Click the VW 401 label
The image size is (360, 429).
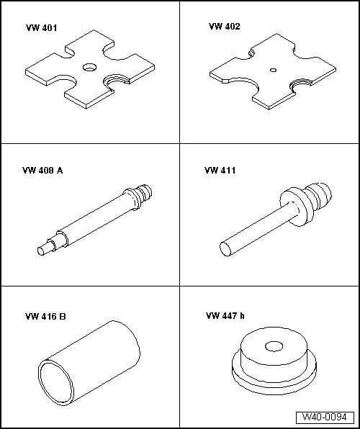(x=41, y=28)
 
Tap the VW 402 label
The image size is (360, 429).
(x=224, y=26)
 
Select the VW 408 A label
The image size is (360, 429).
(x=42, y=171)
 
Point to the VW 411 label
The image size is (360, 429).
(x=220, y=171)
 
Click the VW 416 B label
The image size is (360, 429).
(x=45, y=317)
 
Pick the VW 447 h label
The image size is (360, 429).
(x=225, y=316)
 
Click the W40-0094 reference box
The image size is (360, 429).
(x=325, y=417)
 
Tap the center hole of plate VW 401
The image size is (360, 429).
(x=89, y=67)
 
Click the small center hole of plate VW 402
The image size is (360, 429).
(x=273, y=70)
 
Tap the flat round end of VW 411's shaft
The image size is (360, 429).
(x=225, y=249)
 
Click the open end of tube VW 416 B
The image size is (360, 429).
(x=56, y=382)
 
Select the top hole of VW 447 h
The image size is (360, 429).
(x=274, y=346)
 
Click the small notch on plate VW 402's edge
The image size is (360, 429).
(x=251, y=53)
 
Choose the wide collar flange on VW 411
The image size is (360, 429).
(x=294, y=207)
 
